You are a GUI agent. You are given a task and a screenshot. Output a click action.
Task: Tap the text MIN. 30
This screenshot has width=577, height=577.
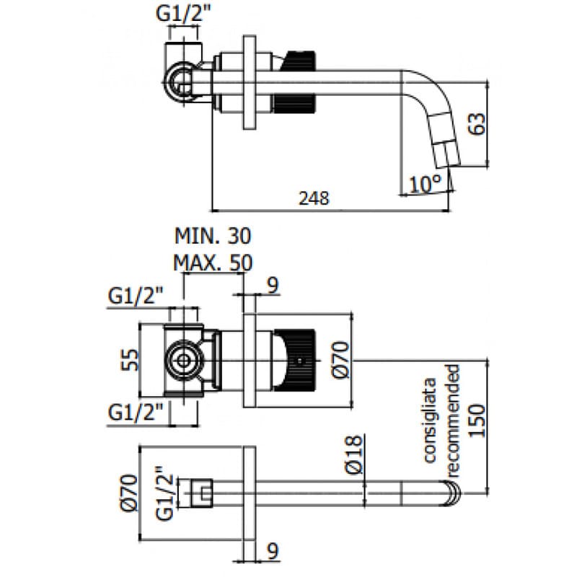pos(213,236)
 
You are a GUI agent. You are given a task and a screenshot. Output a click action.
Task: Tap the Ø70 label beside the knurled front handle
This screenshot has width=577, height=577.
pos(341,360)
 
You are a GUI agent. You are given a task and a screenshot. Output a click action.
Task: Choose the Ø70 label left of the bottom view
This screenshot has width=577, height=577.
pos(130,492)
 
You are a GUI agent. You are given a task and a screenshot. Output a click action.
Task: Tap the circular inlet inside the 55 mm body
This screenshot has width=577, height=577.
pos(182,360)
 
